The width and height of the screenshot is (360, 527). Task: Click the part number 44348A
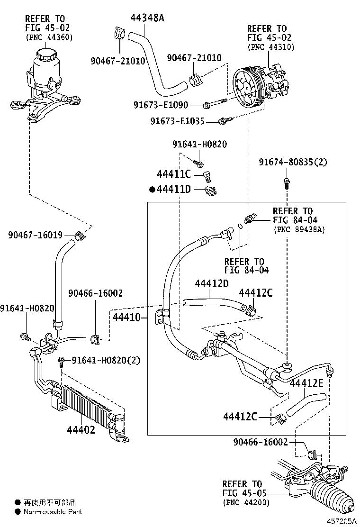click(x=147, y=18)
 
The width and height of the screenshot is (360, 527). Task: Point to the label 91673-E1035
click(x=178, y=121)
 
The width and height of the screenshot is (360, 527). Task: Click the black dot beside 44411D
click(x=152, y=190)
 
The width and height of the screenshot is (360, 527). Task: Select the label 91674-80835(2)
click(x=293, y=162)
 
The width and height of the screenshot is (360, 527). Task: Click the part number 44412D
click(x=211, y=283)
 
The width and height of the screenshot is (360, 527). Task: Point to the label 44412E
click(x=306, y=383)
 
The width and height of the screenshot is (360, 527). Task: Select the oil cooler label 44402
click(x=81, y=430)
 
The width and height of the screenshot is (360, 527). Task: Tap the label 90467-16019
click(x=36, y=235)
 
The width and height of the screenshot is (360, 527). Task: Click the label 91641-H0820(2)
click(x=106, y=361)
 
